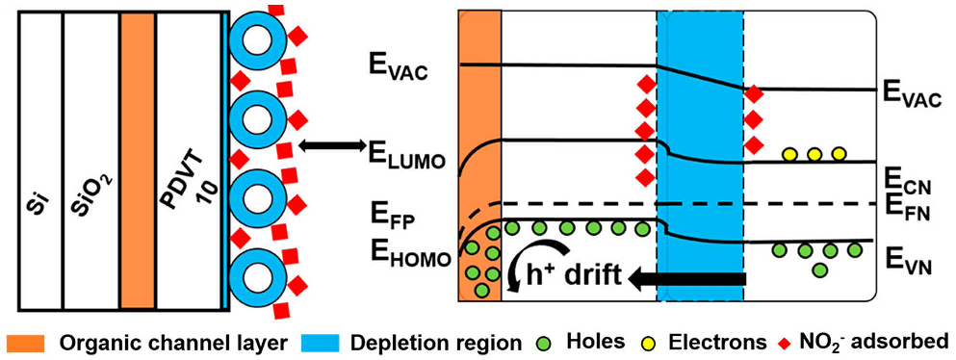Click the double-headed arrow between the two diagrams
(330, 146)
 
